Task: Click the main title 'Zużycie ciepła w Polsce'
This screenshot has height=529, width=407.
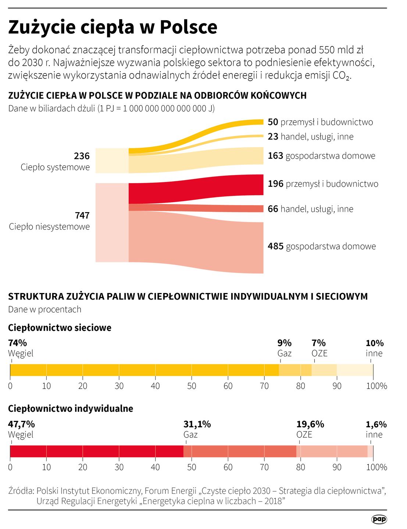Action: (x=113, y=27)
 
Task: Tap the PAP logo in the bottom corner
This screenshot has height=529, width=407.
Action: (x=379, y=519)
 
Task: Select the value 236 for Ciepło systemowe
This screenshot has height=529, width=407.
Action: (x=82, y=156)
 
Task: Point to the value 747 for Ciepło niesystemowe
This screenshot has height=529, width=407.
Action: (x=82, y=215)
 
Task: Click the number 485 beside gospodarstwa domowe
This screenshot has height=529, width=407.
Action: (x=275, y=246)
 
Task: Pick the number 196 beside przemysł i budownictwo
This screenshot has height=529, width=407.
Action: (x=275, y=184)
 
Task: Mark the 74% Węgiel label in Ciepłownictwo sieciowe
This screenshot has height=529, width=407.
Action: (x=21, y=348)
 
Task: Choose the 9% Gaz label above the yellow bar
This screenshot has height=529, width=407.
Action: (x=284, y=348)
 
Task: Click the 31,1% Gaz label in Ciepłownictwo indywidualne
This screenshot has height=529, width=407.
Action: (x=197, y=429)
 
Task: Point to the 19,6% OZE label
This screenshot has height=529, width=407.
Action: (x=310, y=429)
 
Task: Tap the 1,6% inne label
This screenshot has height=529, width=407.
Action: (x=376, y=429)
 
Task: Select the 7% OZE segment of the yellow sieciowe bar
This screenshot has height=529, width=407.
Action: (x=324, y=370)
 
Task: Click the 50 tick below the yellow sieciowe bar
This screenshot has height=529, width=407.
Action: (x=192, y=386)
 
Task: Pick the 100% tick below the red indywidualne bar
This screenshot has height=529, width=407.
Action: (x=376, y=467)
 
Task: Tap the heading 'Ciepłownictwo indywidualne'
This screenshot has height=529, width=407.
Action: (x=71, y=408)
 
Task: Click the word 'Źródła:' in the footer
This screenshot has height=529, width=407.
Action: (x=21, y=491)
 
